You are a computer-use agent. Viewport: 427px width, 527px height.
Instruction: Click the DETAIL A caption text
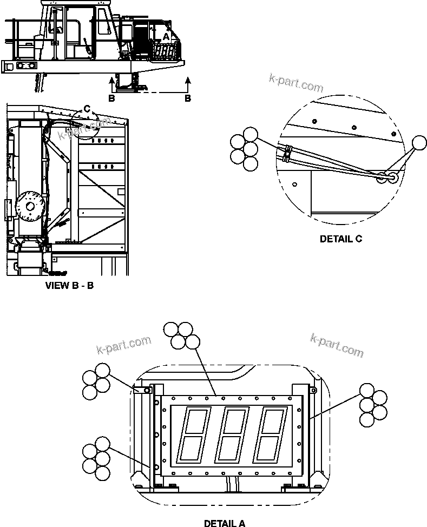(224, 523)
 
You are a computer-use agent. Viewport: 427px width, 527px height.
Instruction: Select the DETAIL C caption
(340, 239)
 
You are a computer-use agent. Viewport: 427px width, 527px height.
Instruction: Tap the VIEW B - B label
(69, 285)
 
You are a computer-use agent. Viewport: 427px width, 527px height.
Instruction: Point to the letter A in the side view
(167, 35)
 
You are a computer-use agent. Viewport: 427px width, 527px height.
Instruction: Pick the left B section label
(111, 98)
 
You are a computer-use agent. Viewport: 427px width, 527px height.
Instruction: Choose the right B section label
(188, 98)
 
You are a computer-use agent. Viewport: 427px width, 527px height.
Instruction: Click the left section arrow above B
(111, 83)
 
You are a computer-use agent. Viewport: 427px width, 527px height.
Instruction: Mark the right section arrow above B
(188, 83)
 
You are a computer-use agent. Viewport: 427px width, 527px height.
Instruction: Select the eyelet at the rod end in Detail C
(389, 177)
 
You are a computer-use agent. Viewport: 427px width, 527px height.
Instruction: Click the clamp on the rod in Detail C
(286, 154)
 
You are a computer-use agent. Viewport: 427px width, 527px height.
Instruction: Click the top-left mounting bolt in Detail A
(146, 390)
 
